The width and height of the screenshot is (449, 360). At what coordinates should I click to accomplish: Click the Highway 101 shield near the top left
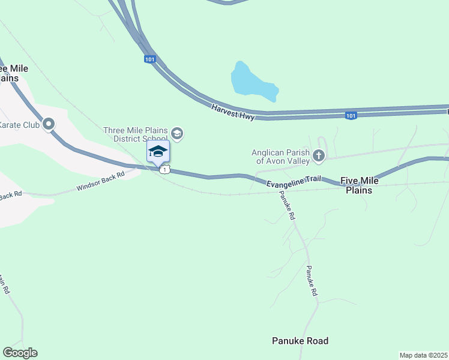(x=150, y=59)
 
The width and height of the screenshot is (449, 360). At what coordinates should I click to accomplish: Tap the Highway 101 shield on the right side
(x=351, y=115)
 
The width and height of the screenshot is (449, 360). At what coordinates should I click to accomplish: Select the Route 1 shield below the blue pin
(x=164, y=170)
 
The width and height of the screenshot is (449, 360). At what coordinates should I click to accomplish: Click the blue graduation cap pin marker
(x=158, y=151)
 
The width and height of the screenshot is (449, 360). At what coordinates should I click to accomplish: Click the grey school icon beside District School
(x=177, y=133)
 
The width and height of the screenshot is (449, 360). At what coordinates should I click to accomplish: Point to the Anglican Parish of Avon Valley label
(x=280, y=156)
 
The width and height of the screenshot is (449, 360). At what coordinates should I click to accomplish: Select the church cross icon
(x=318, y=156)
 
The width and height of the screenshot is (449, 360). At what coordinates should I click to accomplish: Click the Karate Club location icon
(x=49, y=125)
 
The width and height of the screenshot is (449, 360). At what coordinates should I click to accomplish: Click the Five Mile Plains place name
(x=360, y=185)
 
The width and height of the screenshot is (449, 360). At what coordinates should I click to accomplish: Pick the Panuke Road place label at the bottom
(x=300, y=341)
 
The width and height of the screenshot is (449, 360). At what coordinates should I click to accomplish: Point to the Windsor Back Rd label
(x=100, y=181)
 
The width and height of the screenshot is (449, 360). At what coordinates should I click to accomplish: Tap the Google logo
(x=20, y=353)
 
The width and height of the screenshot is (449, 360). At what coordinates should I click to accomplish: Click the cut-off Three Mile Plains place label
(x=13, y=73)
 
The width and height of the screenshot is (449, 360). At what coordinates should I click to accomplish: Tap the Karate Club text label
(x=19, y=125)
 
